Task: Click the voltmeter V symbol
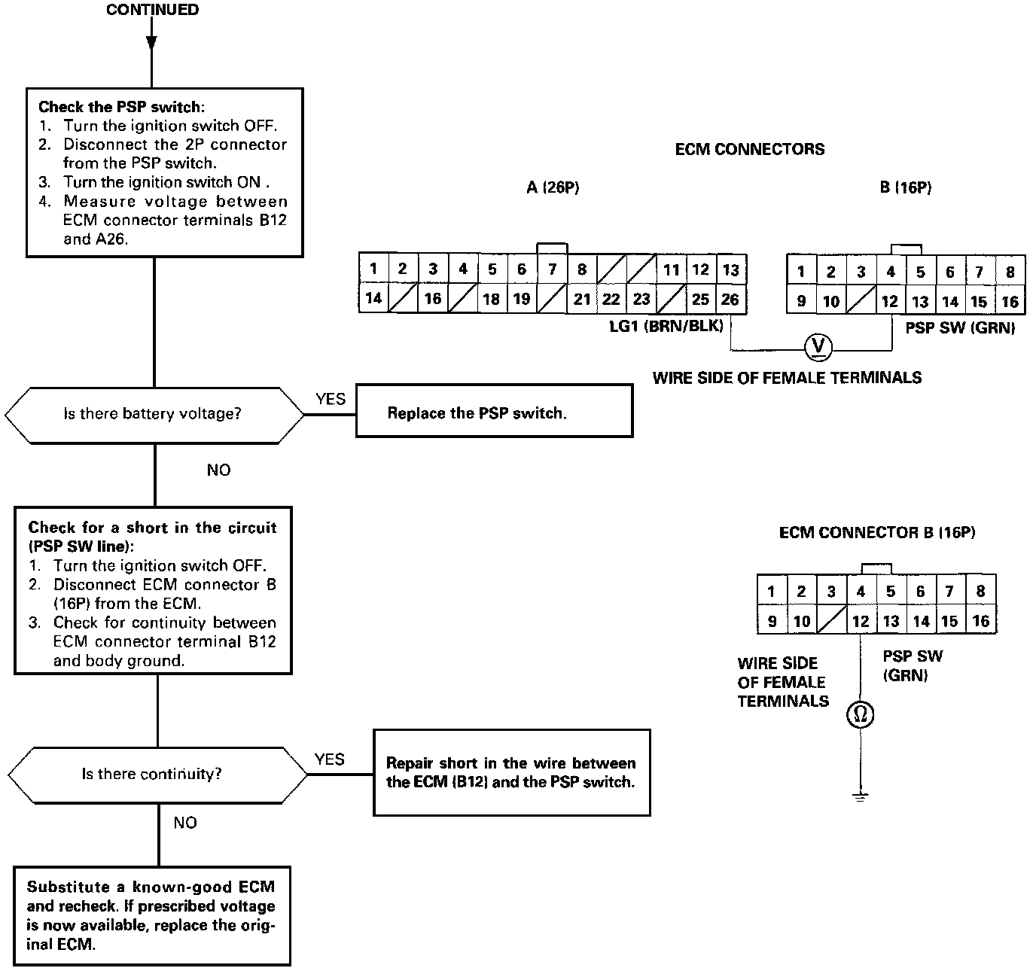818,346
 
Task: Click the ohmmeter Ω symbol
860,714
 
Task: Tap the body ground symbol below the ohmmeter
860,796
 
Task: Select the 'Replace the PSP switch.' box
494,411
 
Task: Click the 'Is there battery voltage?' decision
154,415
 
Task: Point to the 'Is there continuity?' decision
154,775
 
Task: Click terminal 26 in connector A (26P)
730,299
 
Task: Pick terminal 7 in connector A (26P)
552,269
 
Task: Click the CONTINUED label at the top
153,10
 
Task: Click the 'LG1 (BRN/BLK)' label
666,326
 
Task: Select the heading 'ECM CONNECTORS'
749,149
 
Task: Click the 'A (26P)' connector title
553,187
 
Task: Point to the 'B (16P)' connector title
905,187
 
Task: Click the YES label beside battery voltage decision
330,399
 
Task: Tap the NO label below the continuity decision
184,823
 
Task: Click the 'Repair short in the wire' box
511,772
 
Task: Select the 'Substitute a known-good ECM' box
151,915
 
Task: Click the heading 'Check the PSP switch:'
121,107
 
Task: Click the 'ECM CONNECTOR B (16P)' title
876,533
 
